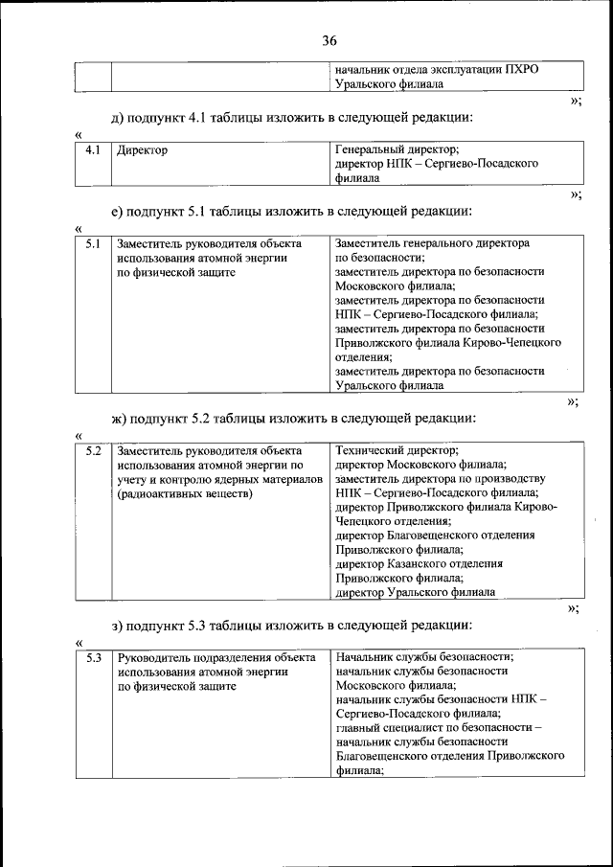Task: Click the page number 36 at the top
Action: coord(329,40)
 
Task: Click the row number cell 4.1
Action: coord(93,150)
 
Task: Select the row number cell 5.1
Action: coord(93,244)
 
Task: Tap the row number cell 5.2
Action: coord(93,449)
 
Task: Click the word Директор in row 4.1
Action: coord(142,150)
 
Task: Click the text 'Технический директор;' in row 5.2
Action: coord(397,449)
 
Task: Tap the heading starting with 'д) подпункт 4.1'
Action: coord(292,118)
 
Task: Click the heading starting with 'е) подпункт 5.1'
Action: coord(292,212)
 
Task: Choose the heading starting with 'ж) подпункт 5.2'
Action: coord(294,418)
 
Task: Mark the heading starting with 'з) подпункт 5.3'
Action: coord(291,626)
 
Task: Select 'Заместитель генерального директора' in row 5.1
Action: coord(433,243)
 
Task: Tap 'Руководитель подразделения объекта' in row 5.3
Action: coord(216,657)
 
